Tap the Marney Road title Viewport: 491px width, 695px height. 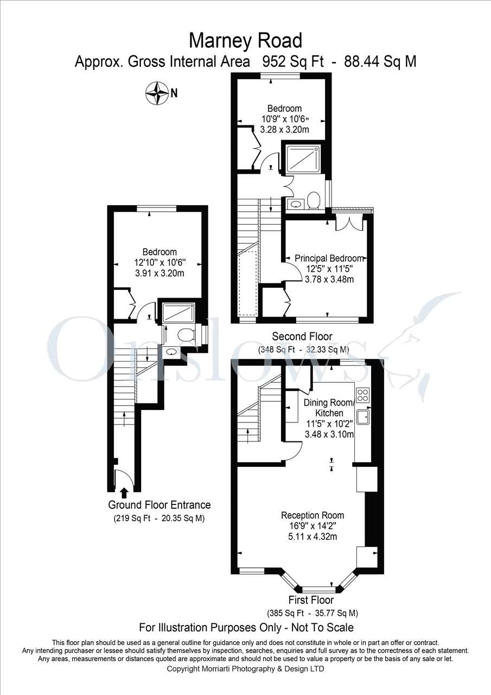[245, 41]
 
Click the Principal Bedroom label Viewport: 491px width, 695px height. [329, 258]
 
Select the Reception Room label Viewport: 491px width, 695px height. [313, 515]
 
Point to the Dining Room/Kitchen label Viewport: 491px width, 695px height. [329, 408]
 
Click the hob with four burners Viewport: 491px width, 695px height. [363, 395]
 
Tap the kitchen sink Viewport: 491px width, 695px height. [363, 416]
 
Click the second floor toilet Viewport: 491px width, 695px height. [314, 200]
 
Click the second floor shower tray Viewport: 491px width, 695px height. [303, 159]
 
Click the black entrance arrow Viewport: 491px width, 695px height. [124, 493]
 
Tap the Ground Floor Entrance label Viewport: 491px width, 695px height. [160, 505]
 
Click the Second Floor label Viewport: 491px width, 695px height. [302, 336]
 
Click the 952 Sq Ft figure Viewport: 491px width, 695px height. [293, 61]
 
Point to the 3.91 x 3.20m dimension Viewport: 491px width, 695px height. [160, 273]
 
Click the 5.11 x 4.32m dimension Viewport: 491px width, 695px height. [313, 536]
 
